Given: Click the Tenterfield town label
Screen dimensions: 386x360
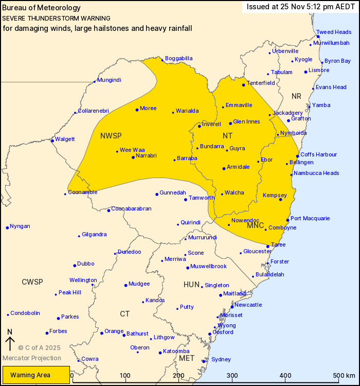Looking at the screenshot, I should pos(261,83).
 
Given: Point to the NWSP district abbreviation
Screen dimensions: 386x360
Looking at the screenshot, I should pos(111,135).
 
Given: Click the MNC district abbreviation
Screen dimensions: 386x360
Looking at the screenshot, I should pos(255,225).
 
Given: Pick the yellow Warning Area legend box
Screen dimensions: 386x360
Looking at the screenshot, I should pos(35,375).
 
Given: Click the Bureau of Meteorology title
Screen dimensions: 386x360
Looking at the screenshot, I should pos(42,8).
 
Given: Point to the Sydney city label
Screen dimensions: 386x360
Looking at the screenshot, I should pos(221,359).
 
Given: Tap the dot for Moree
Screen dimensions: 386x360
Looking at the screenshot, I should pos(137,110).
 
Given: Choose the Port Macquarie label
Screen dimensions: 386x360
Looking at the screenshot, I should pos(310,218).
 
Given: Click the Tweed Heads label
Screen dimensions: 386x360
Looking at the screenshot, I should pos(334,32).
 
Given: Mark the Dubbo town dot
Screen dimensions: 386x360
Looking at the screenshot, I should pos(75,266).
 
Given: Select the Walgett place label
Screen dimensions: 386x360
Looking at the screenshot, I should pos(65,139).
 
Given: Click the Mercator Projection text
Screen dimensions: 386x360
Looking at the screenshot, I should pos(32,358).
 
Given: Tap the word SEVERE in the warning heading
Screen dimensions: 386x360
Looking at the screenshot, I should pos(13,17).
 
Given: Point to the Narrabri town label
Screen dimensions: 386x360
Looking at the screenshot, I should pos(147,155).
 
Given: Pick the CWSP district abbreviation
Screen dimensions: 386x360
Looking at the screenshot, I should pos(32,282).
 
